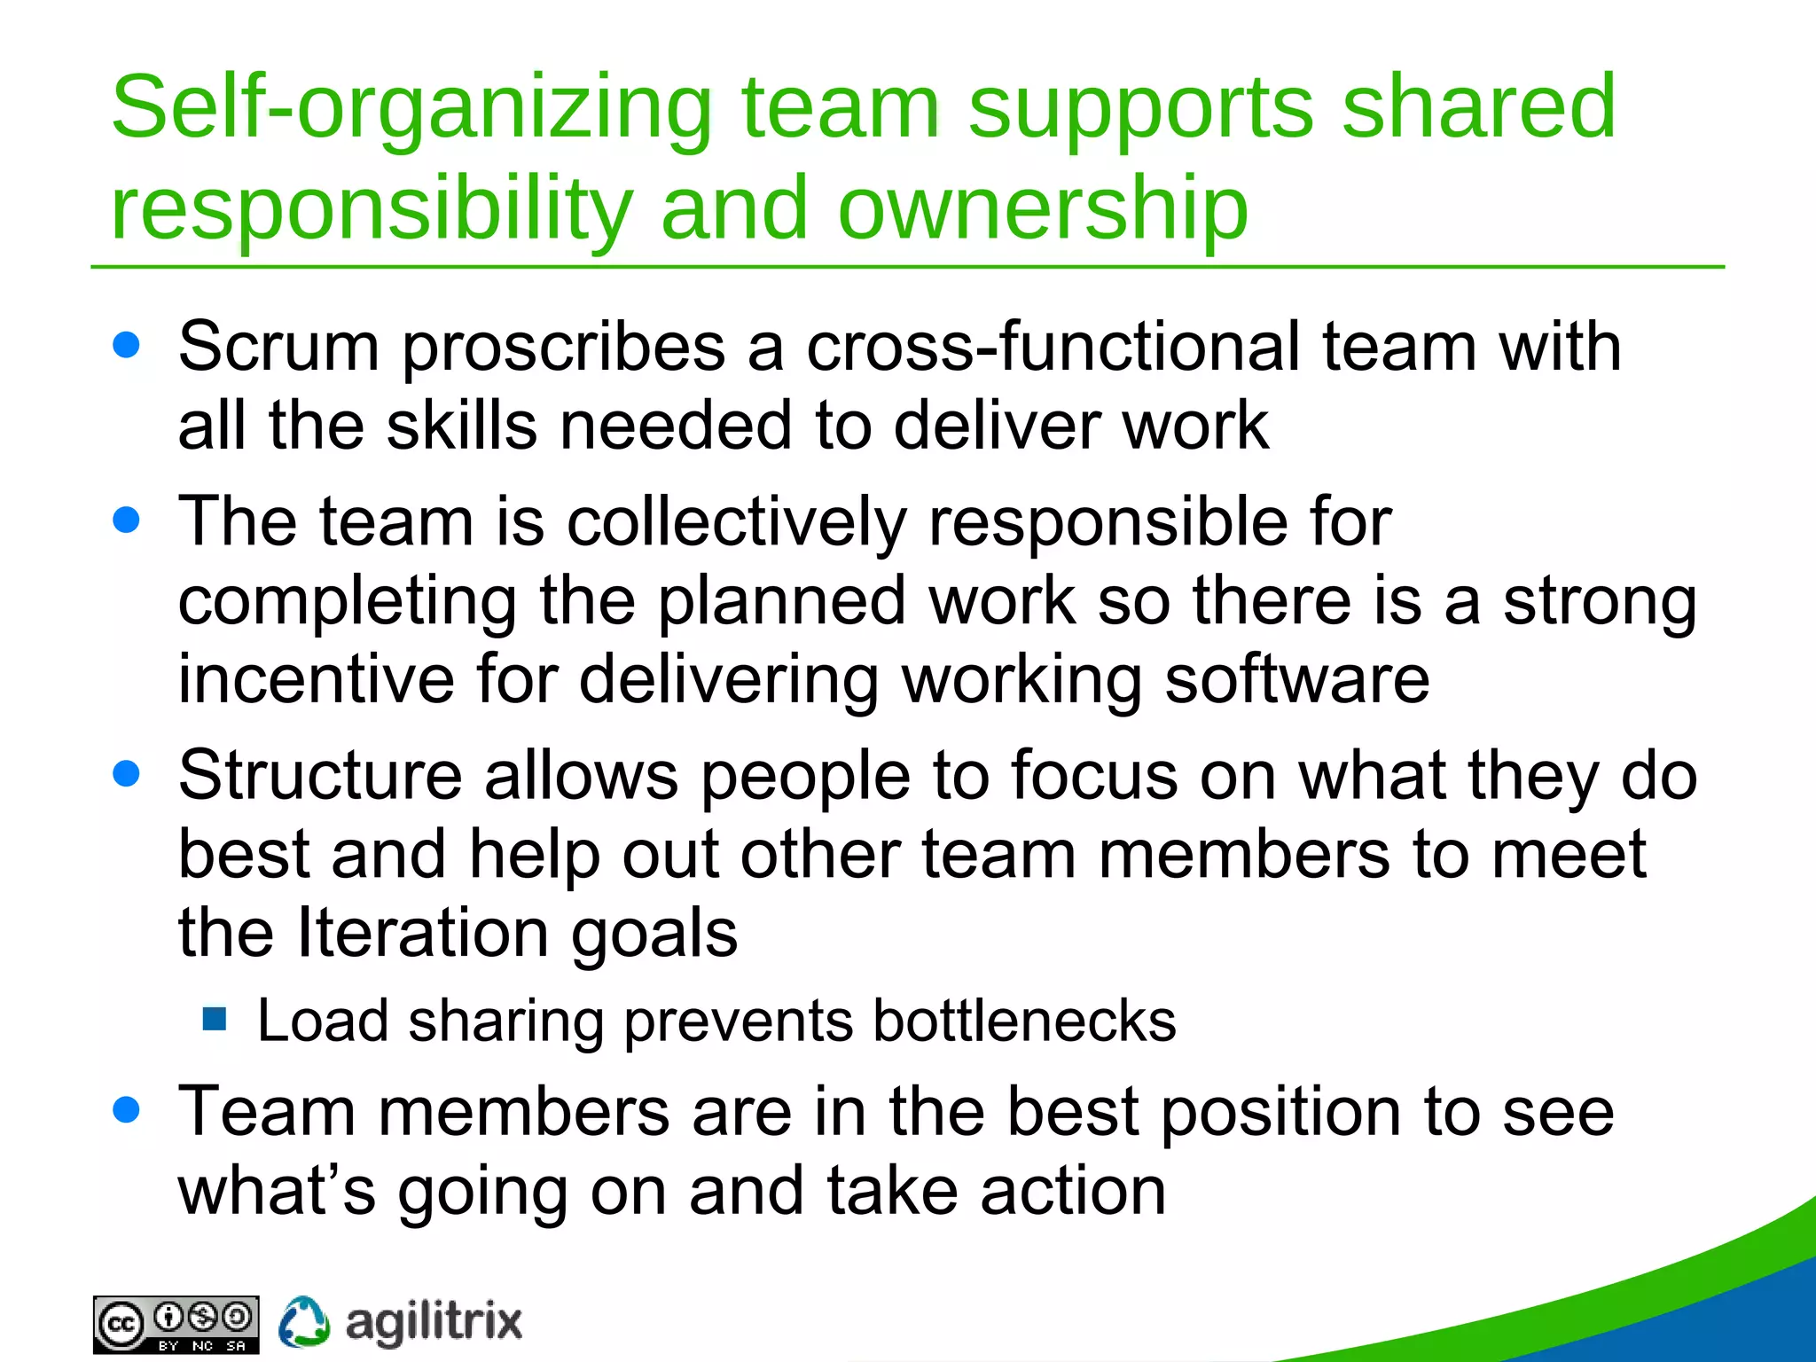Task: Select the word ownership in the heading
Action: pos(1043,210)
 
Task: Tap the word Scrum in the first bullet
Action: pos(278,348)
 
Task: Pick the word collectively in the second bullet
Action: pos(736,523)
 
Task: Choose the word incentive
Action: pos(316,680)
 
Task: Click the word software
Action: pos(1296,680)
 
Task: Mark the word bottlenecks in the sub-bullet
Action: pos(1024,1021)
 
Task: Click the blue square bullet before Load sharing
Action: pos(215,1019)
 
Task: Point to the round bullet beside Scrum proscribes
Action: pos(127,345)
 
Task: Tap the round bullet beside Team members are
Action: pos(127,1109)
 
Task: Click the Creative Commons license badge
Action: pos(176,1325)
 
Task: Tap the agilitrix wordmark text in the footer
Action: pos(433,1323)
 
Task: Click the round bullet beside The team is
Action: pos(127,520)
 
